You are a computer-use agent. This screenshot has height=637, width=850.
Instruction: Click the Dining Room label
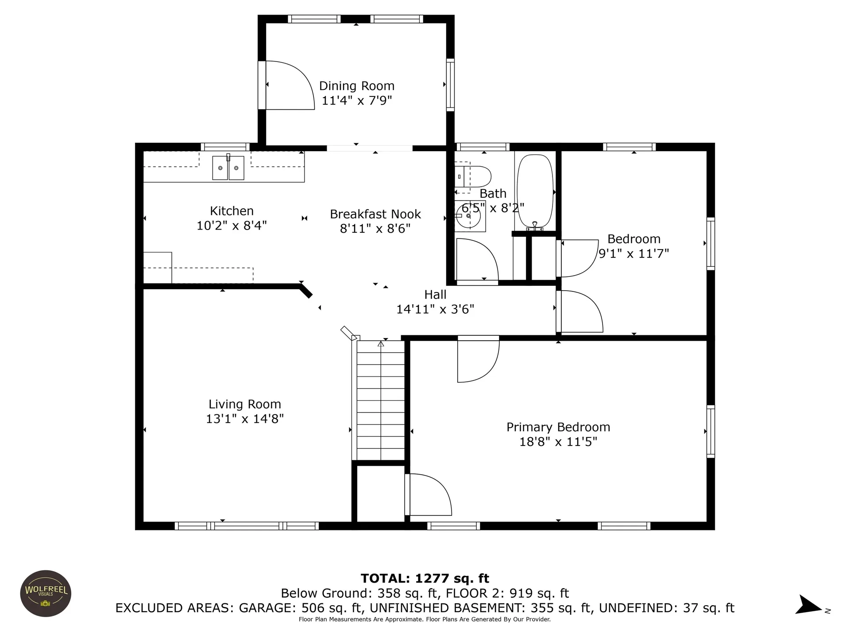pos(356,86)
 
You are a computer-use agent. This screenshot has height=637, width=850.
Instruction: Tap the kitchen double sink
pos(228,168)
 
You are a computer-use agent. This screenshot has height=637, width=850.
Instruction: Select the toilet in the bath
pos(473,177)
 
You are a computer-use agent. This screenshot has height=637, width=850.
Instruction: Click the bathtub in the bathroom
pos(535,192)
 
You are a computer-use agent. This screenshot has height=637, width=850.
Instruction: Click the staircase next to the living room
pos(381,400)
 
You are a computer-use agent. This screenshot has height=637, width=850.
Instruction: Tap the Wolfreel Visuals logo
pos(46,593)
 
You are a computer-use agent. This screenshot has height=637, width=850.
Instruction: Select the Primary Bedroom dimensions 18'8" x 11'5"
pos(558,441)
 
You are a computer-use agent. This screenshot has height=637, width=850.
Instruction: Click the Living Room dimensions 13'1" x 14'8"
pos(245,418)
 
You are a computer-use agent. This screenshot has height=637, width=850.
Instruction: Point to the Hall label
pos(435,295)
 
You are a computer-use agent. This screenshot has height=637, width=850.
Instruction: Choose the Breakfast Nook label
pos(375,214)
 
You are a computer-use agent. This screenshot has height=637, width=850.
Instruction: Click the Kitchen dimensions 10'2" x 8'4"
pos(232,225)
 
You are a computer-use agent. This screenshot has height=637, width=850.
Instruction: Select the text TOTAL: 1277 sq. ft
pos(425,579)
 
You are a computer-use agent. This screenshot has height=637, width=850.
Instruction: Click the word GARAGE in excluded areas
pos(267,608)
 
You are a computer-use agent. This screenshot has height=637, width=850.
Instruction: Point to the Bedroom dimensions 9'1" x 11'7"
pos(634,253)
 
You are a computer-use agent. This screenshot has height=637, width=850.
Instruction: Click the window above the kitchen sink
pos(225,147)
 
